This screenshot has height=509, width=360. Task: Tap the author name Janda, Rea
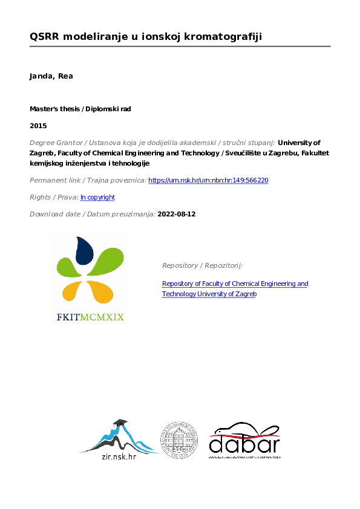click(51, 76)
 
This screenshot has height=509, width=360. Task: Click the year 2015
click(38, 126)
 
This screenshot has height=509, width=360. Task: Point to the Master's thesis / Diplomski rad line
click(80, 109)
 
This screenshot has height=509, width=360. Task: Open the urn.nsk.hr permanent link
click(208, 180)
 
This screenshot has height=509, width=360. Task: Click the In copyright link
click(97, 197)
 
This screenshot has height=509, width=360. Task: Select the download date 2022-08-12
click(177, 214)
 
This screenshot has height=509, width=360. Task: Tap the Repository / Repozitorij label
click(202, 265)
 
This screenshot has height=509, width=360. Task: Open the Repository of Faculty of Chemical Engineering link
click(235, 284)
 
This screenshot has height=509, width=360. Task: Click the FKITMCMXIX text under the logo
click(90, 316)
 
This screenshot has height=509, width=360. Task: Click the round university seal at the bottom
click(178, 439)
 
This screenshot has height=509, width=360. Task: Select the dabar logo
click(244, 441)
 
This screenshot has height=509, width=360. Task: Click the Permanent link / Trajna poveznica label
click(88, 180)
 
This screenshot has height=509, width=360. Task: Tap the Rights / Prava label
click(54, 197)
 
